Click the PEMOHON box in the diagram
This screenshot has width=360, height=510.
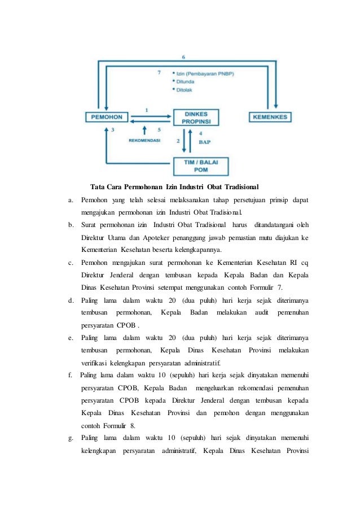tap(106, 117)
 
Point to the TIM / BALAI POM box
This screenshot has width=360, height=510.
tap(201, 164)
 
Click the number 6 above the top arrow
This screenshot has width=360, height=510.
tap(183, 57)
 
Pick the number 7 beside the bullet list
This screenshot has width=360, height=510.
tap(159, 72)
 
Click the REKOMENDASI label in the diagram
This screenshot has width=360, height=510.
tap(144, 140)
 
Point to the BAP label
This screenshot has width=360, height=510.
tap(205, 142)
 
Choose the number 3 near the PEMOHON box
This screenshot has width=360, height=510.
tap(113, 129)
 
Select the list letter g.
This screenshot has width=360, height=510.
tap(71, 438)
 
